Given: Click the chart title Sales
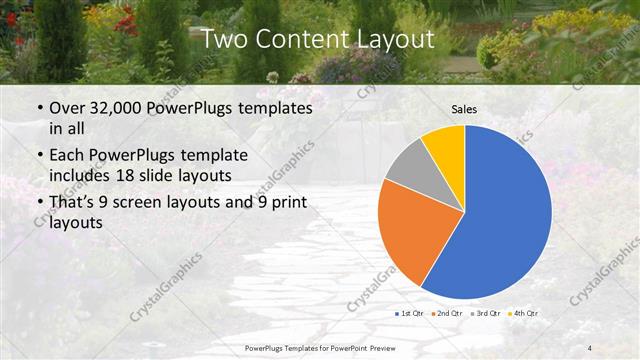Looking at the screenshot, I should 464,108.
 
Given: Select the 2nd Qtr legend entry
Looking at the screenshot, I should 447,314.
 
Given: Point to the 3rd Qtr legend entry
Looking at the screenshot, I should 488,314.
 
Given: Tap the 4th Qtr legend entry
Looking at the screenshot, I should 525,314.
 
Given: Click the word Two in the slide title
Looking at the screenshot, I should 225,40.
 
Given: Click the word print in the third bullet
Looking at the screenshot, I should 286,202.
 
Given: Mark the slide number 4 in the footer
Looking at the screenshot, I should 590,347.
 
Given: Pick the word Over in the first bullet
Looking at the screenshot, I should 67,108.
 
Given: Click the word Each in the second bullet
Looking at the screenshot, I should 67,156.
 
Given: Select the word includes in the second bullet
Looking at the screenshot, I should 82,176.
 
